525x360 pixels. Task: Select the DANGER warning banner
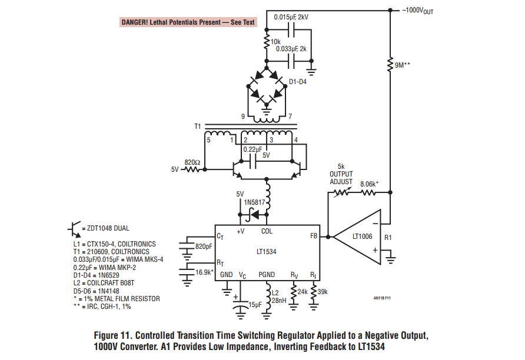[x=188, y=22]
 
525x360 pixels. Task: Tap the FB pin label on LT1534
[x=313, y=236]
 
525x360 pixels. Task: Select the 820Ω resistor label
[x=192, y=161]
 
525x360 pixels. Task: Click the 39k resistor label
[x=323, y=291]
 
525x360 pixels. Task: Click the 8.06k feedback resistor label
[x=369, y=184]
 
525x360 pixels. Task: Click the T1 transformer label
[x=198, y=126]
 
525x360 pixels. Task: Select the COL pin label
[x=267, y=231]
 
